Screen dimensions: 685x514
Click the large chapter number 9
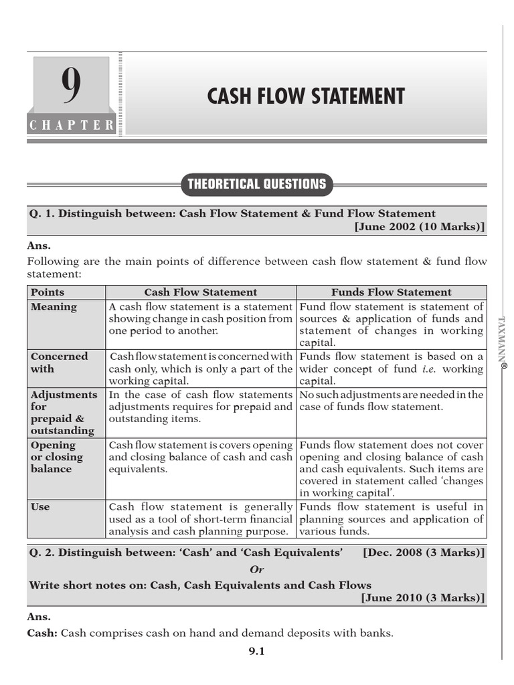72,87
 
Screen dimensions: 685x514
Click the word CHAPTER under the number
72,125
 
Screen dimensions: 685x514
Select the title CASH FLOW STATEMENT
306,96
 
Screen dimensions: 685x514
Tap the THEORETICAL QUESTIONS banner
257,184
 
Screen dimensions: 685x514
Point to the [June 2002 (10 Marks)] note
420,226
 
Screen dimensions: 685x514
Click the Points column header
48,292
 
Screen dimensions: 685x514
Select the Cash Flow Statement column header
201,292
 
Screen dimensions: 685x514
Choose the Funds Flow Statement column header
392,292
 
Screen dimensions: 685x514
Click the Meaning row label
54,307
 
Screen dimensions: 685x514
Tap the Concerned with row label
59,363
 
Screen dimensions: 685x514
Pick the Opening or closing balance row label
57,457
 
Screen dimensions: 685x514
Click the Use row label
40,507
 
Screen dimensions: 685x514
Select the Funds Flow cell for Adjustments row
392,401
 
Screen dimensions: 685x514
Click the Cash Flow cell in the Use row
201,519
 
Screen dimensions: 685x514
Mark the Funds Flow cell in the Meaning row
392,324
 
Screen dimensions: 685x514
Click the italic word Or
257,569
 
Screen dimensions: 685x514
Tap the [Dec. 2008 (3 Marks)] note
424,553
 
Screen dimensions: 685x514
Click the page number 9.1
257,652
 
